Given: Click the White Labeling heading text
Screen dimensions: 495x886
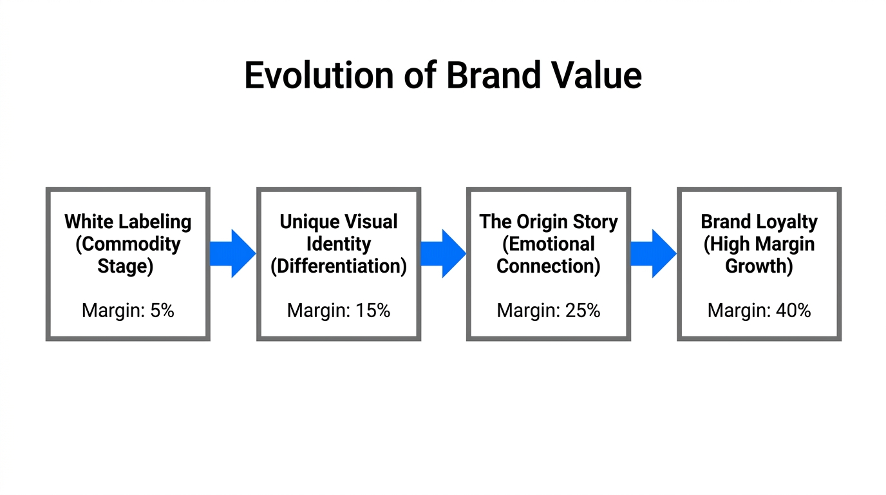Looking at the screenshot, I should [x=128, y=222].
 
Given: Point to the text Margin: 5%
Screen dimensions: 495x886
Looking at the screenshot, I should [x=128, y=310].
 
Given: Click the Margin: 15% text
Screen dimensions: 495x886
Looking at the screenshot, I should [x=339, y=310].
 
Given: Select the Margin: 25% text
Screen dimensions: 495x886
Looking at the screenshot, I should [x=549, y=310].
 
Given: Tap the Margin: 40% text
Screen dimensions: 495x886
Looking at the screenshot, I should [x=759, y=310].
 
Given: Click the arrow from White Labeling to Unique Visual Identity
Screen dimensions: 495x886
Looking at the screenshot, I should [x=232, y=253].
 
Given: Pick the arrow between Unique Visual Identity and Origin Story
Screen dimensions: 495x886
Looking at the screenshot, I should [x=443, y=253].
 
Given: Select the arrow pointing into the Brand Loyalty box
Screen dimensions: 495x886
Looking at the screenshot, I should [x=653, y=253].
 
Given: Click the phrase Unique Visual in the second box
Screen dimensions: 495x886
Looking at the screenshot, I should [x=339, y=222].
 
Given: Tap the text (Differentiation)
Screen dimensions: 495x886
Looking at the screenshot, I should [x=339, y=266].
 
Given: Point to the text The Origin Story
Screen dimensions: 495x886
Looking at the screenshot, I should [x=549, y=222].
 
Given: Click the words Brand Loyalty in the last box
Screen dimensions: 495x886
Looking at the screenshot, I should [x=759, y=222].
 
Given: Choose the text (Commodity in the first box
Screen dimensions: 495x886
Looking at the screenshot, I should [x=128, y=244].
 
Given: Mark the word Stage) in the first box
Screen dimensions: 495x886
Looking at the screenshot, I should [x=126, y=266].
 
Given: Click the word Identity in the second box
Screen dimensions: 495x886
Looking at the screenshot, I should [x=339, y=244].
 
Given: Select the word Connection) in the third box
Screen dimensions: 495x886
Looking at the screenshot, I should [x=549, y=266].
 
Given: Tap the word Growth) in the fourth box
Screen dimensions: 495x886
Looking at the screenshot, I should [x=759, y=266].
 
